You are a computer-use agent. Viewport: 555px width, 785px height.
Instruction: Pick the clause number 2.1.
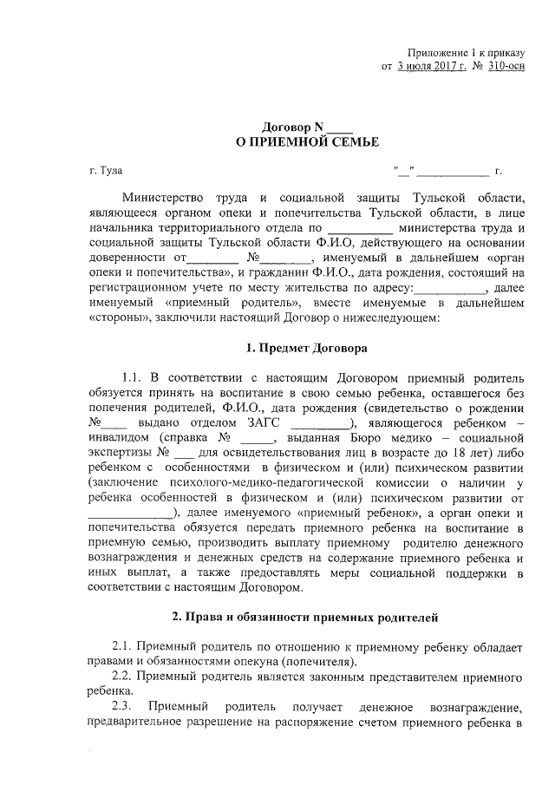[123, 647]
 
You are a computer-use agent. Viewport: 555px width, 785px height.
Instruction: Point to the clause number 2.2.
[123, 677]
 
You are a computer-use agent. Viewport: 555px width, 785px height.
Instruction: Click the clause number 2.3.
[123, 707]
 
